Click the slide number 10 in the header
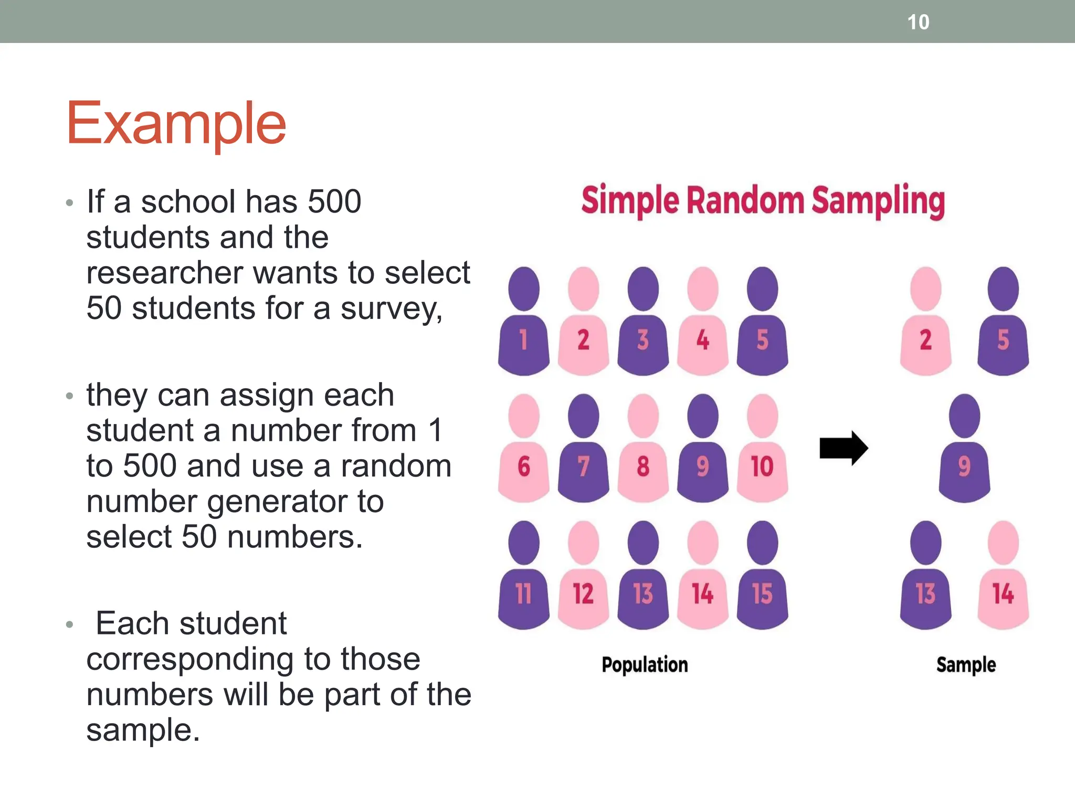pos(918,23)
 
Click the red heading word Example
pos(176,123)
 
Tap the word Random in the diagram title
pos(745,201)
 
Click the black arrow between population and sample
pos(844,448)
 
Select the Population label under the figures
pos(645,665)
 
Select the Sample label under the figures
pos(966,665)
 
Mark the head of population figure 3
pos(643,289)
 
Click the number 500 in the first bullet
pos(334,202)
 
